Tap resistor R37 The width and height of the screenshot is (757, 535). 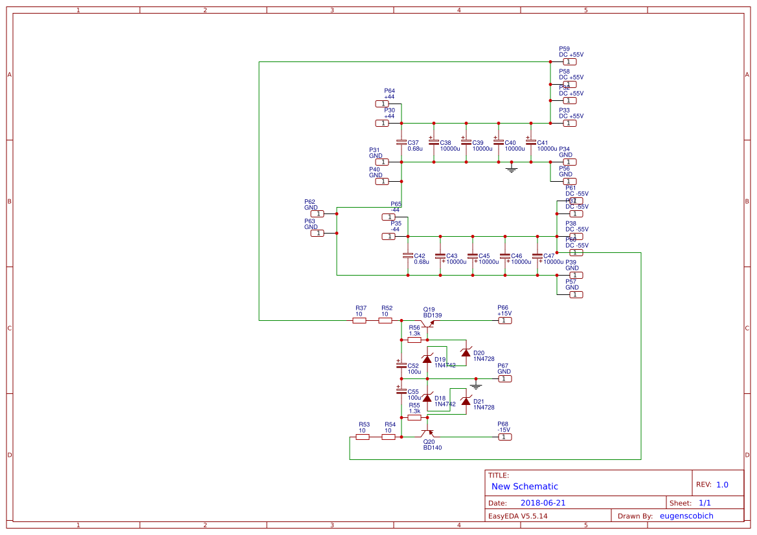click(359, 320)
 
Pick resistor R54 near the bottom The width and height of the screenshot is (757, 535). click(389, 437)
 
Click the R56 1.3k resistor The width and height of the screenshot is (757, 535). click(414, 340)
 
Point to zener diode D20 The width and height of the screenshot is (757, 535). click(466, 353)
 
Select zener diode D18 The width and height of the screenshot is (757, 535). click(427, 399)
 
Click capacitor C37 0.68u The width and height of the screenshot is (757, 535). click(401, 142)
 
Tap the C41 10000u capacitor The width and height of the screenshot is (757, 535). click(531, 142)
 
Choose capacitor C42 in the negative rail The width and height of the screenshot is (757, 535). click(408, 256)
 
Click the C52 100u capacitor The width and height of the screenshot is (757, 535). click(401, 366)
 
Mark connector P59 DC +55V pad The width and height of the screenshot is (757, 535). click(570, 61)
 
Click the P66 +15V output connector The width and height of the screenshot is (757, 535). click(504, 320)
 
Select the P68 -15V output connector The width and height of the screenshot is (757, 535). click(504, 437)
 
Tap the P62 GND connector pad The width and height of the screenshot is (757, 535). click(317, 213)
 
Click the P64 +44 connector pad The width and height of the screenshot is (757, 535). click(382, 104)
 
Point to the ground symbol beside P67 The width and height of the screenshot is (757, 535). click(476, 385)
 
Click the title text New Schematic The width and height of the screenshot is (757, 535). click(525, 486)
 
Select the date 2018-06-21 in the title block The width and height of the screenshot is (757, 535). click(543, 503)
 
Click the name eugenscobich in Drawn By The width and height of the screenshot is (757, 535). click(686, 516)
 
